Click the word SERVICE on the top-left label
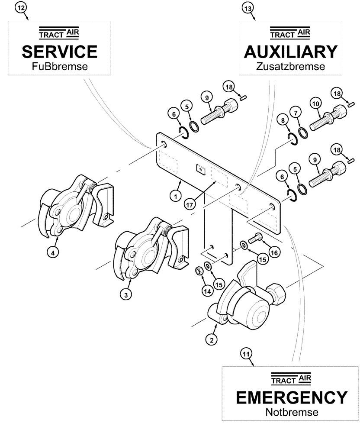coord(60,52)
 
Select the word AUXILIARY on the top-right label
coord(290,52)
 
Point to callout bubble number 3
coord(125,294)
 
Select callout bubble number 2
coord(211,340)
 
